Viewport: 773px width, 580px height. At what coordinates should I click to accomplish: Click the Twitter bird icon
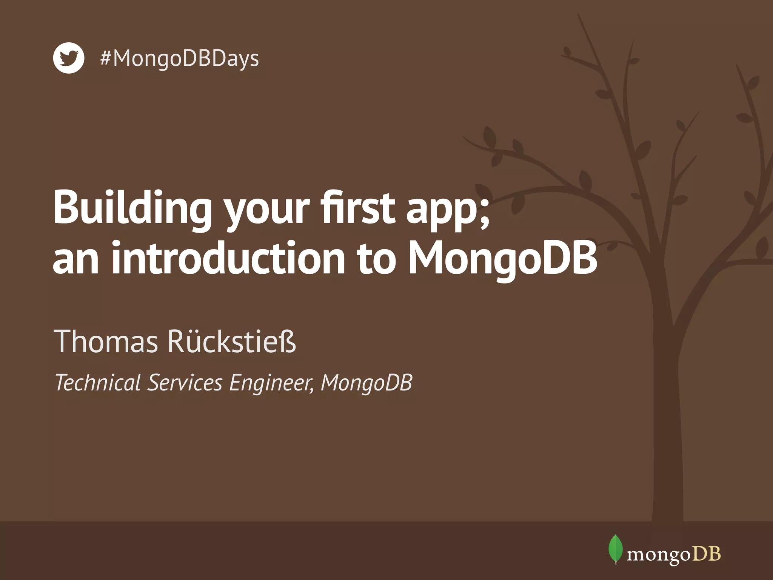coord(68,58)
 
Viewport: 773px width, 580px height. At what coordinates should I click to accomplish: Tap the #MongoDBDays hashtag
coord(180,59)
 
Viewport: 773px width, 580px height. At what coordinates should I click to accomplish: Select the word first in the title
coord(358,207)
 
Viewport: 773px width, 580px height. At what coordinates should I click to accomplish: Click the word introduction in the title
coord(228,259)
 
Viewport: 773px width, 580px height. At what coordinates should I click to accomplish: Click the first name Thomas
coord(106,341)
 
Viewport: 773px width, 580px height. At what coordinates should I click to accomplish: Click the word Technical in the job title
coord(98,383)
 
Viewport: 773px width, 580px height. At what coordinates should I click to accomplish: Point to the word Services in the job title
coord(185,383)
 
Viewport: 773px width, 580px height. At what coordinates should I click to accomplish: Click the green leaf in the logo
coord(616,548)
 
